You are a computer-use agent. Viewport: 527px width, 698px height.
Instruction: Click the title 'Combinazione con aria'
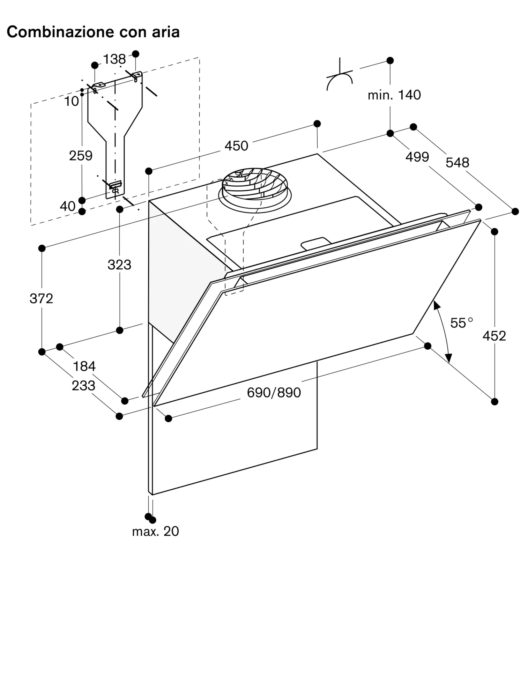click(x=93, y=32)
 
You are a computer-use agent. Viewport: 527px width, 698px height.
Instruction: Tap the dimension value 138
click(x=114, y=59)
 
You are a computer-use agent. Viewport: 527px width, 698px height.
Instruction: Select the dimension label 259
click(x=81, y=156)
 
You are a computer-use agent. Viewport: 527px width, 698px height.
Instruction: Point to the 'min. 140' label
click(x=394, y=95)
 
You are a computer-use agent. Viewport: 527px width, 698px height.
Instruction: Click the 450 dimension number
click(x=236, y=146)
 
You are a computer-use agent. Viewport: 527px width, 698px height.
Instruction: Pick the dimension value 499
click(x=417, y=157)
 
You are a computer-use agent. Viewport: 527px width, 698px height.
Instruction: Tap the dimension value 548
click(x=458, y=163)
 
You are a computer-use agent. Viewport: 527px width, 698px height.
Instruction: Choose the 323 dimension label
click(x=119, y=265)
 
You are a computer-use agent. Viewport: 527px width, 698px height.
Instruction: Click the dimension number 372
click(x=41, y=299)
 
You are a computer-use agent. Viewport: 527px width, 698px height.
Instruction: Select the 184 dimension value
click(x=84, y=366)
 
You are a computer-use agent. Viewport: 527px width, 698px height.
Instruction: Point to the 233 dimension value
click(x=83, y=386)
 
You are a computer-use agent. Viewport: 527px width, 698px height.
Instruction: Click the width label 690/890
click(x=274, y=393)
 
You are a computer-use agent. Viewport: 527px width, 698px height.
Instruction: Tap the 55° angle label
click(x=461, y=323)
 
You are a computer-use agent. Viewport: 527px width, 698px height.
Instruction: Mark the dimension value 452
click(x=494, y=336)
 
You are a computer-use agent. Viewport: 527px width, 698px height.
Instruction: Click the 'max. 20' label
click(x=155, y=531)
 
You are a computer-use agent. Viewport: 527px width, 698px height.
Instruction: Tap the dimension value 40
click(x=67, y=206)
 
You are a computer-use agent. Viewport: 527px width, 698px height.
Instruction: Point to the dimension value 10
click(x=72, y=102)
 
